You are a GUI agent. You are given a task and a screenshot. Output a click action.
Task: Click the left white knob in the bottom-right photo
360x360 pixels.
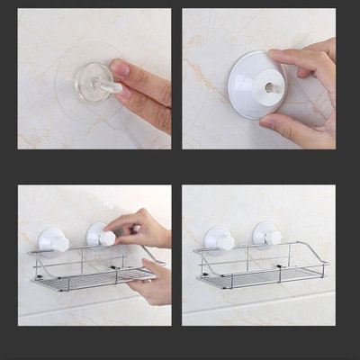click(x=220, y=239)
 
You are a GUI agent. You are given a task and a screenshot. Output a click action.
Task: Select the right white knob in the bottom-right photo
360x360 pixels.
click(x=267, y=236)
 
